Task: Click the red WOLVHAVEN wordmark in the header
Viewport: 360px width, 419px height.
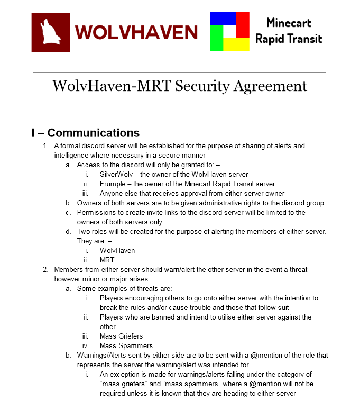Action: point(136,32)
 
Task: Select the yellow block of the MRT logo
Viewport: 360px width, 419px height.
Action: point(236,44)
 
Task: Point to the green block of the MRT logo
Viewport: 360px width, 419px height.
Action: point(216,38)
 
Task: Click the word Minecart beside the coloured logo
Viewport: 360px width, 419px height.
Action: point(289,23)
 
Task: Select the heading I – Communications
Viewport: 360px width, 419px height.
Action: point(86,133)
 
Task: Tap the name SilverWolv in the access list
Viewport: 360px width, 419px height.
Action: point(116,174)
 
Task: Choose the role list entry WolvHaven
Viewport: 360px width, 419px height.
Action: point(117,250)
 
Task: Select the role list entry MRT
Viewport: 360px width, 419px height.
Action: point(107,260)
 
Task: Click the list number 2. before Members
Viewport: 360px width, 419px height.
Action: point(45,269)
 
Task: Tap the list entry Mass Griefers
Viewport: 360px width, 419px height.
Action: point(121,336)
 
